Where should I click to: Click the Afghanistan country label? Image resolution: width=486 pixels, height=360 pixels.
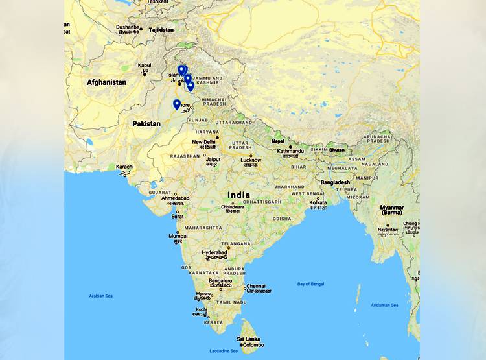click(107, 82)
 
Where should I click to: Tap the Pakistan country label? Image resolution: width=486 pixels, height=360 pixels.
click(146, 123)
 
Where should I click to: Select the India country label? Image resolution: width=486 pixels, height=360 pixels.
click(238, 195)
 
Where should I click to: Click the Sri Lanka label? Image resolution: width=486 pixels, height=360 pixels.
click(249, 339)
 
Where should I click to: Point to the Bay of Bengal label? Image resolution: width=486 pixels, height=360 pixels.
click(311, 284)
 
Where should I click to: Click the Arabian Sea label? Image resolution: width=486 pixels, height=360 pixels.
click(100, 296)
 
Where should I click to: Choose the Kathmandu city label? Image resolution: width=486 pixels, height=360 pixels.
click(291, 151)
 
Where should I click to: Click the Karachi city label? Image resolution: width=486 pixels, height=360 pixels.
click(125, 167)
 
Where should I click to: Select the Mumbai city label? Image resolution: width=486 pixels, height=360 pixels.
click(178, 236)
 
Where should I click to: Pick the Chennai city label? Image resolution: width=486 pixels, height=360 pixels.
click(256, 286)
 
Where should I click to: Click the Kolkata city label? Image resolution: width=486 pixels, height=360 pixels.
click(318, 202)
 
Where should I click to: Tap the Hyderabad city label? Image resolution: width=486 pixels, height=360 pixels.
click(214, 252)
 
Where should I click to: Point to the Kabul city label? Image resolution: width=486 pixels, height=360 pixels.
click(145, 65)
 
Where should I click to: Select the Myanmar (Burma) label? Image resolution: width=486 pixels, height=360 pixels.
click(392, 210)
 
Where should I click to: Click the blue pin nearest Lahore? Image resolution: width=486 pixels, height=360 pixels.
click(176, 104)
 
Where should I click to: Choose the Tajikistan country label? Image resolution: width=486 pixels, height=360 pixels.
click(161, 30)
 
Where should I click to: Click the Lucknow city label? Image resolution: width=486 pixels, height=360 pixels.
click(251, 160)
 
